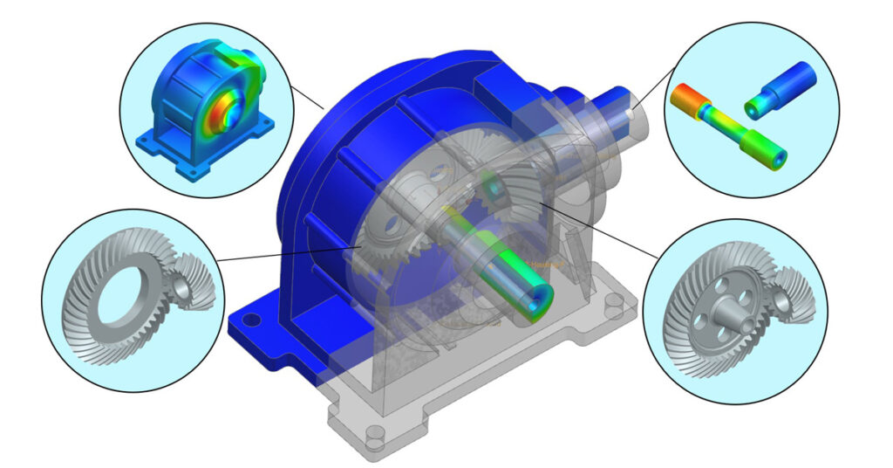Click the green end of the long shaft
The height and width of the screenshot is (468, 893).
772,156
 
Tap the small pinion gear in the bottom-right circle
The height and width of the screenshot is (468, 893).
786,297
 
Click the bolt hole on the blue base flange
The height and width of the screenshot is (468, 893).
252,320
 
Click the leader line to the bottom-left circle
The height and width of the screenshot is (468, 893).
288,253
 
